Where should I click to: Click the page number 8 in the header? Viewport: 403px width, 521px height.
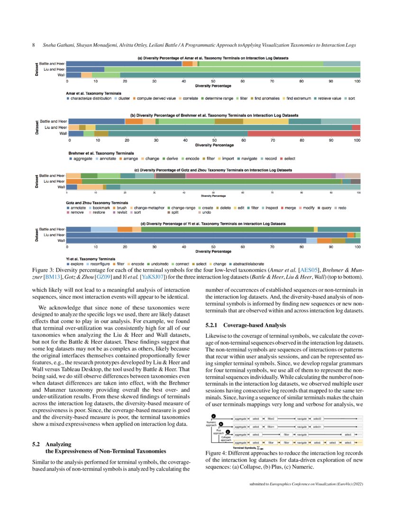click(x=33, y=45)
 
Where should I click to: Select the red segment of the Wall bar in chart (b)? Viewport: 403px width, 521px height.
click(x=303, y=134)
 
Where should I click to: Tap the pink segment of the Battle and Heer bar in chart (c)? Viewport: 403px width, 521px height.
click(x=258, y=176)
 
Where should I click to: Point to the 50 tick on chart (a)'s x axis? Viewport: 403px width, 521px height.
click(x=213, y=81)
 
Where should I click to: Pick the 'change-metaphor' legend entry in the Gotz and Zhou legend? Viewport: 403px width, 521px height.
click(x=148, y=208)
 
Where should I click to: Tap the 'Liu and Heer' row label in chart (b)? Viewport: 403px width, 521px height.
click(x=54, y=127)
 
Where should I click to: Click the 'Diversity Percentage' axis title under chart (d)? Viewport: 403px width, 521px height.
click(x=213, y=251)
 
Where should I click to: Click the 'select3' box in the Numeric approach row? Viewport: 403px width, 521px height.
click(x=317, y=419)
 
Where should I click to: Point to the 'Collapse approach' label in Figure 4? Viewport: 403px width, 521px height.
click(x=226, y=438)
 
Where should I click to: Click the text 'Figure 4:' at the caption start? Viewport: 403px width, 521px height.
click(x=216, y=453)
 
